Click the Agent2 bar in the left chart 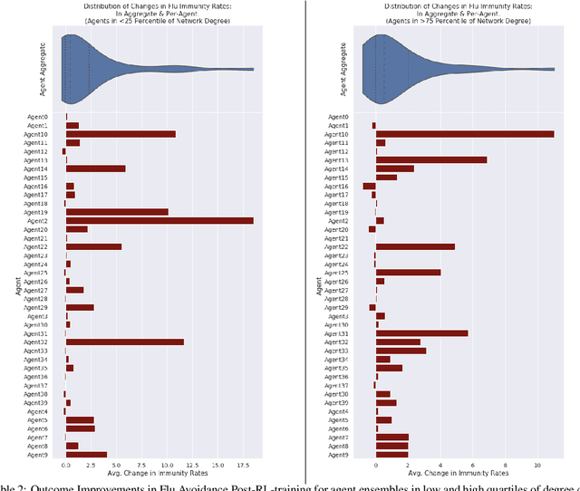(159, 220)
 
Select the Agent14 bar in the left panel (95, 168)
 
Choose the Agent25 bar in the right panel (408, 272)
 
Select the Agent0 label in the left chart (35, 117)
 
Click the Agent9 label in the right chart (337, 454)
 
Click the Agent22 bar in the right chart (415, 246)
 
